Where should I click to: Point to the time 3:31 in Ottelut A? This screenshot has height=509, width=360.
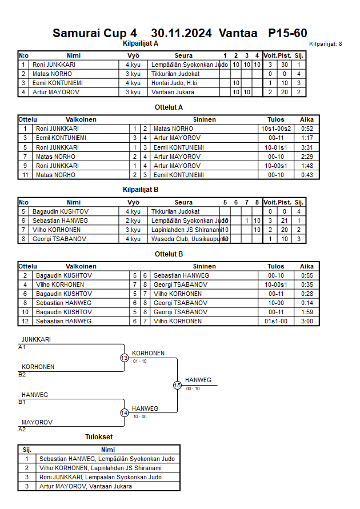307,147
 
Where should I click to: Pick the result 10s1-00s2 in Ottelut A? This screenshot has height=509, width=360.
276,129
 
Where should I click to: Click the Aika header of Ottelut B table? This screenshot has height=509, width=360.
307,266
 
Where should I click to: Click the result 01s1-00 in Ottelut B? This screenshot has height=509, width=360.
276,321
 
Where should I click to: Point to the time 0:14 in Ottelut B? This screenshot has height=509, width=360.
307,303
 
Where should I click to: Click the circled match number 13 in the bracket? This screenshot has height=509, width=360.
124,358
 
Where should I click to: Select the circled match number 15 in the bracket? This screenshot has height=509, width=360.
177,385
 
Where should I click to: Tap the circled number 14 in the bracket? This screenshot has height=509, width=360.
124,412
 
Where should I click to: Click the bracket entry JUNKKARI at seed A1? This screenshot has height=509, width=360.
36,339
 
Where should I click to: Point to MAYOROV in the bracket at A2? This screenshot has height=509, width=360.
37,422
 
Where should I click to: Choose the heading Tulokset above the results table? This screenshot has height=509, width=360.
98,437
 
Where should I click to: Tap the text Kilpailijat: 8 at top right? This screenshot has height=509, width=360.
325,44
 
